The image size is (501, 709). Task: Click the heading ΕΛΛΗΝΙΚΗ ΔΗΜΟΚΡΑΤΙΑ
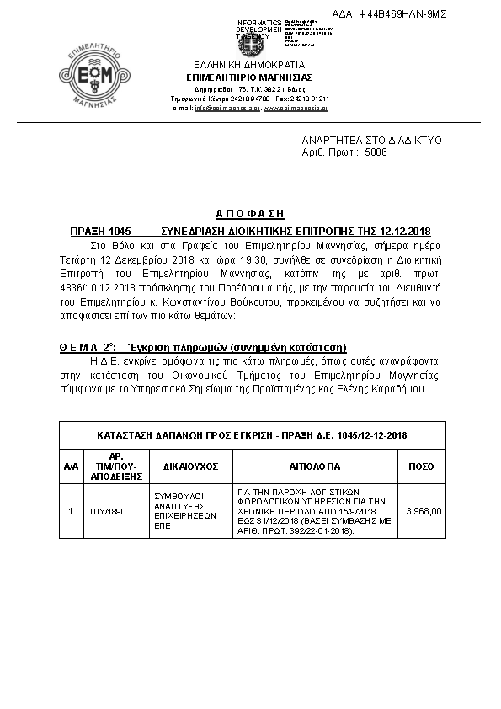point(249,65)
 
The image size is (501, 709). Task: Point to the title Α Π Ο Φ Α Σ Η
point(249,215)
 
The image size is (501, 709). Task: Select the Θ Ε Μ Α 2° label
point(87,347)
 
